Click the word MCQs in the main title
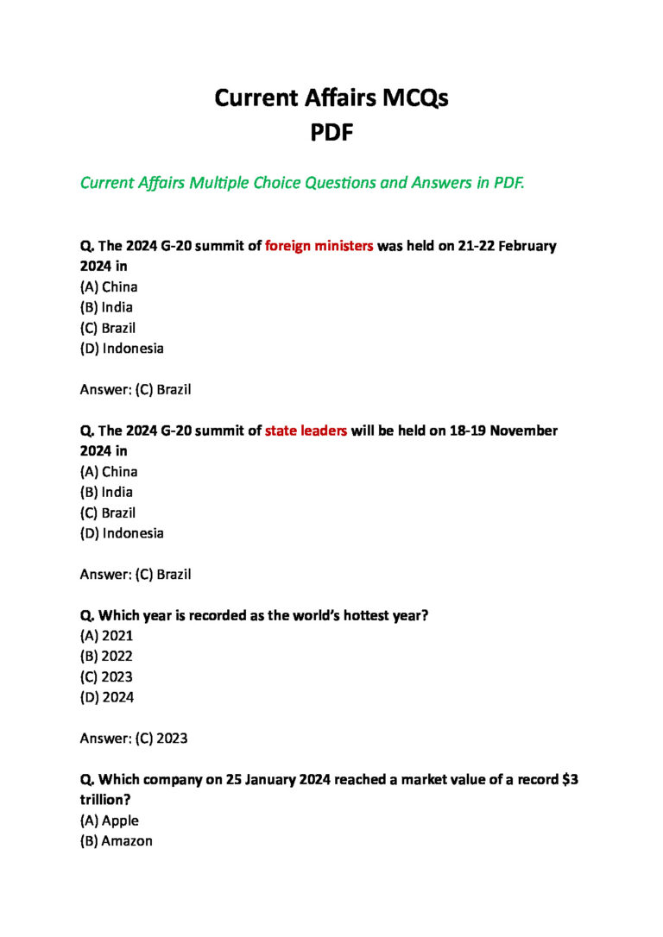(410, 98)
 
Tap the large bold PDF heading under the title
(331, 133)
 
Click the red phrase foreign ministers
(319, 246)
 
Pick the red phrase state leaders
(306, 431)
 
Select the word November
(524, 431)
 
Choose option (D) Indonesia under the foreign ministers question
(122, 349)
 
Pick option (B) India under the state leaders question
(106, 492)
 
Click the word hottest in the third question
(371, 616)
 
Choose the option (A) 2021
(106, 636)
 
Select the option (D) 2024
(107, 697)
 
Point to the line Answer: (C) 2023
(133, 739)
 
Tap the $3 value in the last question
(570, 779)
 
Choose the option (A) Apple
(109, 821)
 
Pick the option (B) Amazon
(116, 840)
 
